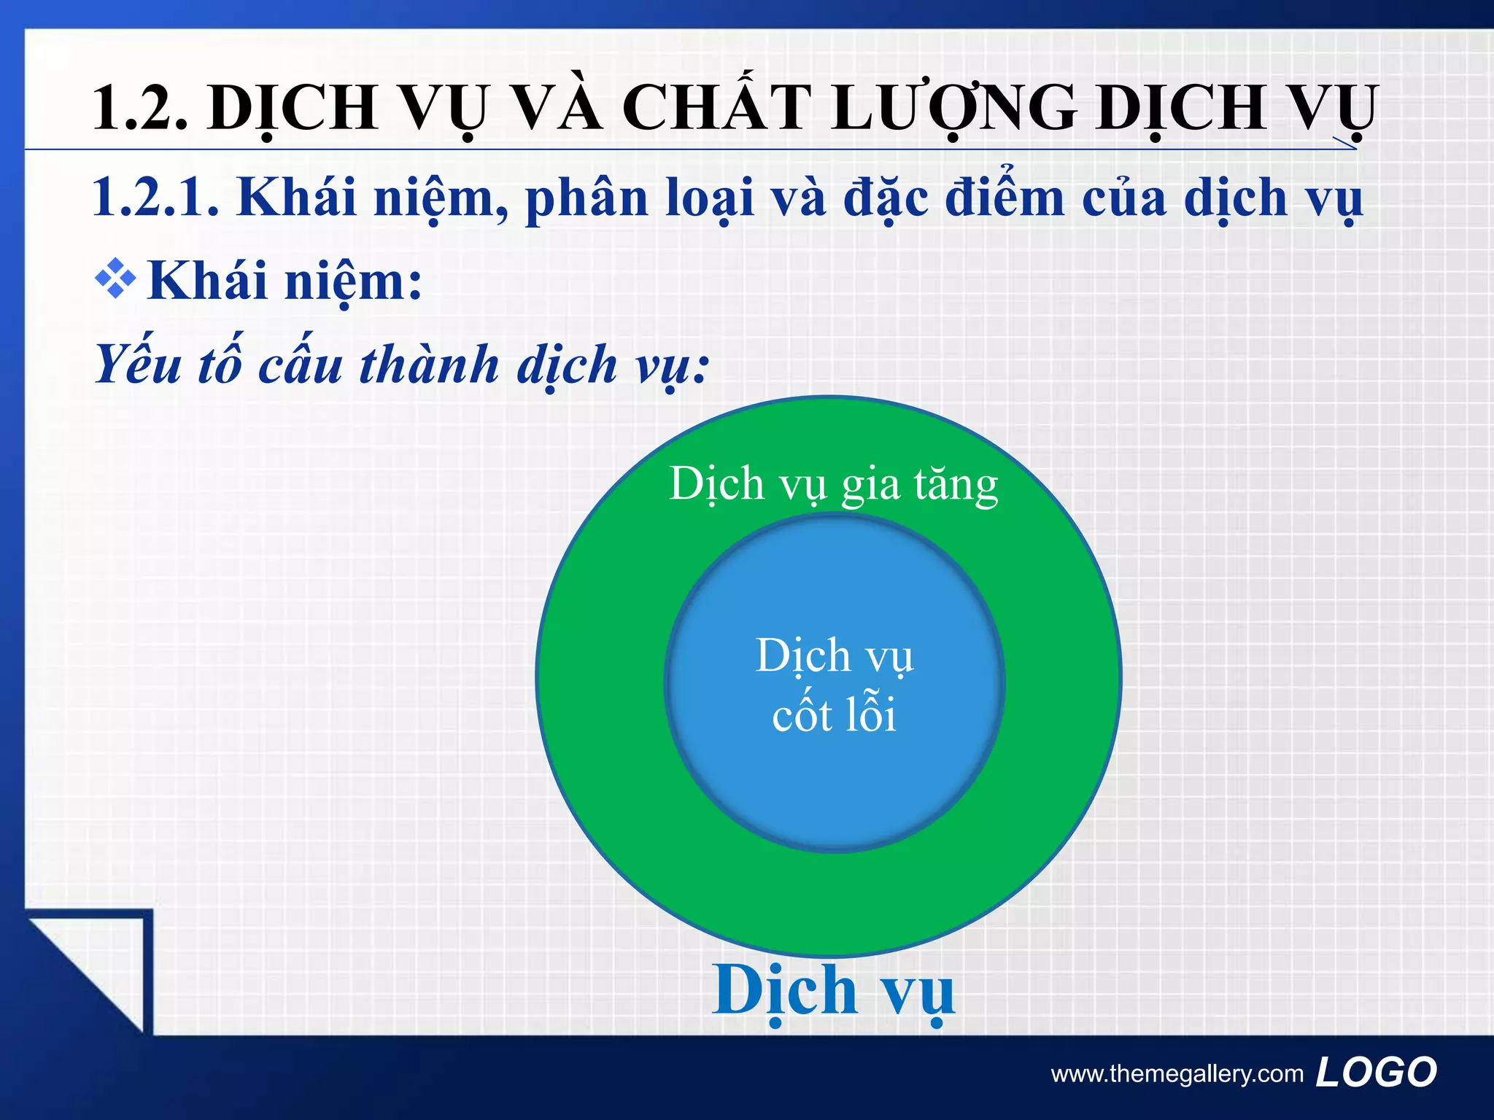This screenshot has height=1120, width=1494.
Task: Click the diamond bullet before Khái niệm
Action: pos(115,279)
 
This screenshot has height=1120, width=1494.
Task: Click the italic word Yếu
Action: pos(139,365)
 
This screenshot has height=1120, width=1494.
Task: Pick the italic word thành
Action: pos(430,365)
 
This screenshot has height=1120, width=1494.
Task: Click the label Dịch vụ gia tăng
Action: pos(833,485)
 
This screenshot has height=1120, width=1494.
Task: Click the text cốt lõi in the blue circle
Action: pos(834,715)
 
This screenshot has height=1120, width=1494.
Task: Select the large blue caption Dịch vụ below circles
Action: pos(833,990)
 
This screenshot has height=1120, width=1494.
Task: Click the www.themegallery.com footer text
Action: pos(1177,1073)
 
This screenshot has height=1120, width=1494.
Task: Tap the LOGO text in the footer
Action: pos(1376,1072)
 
